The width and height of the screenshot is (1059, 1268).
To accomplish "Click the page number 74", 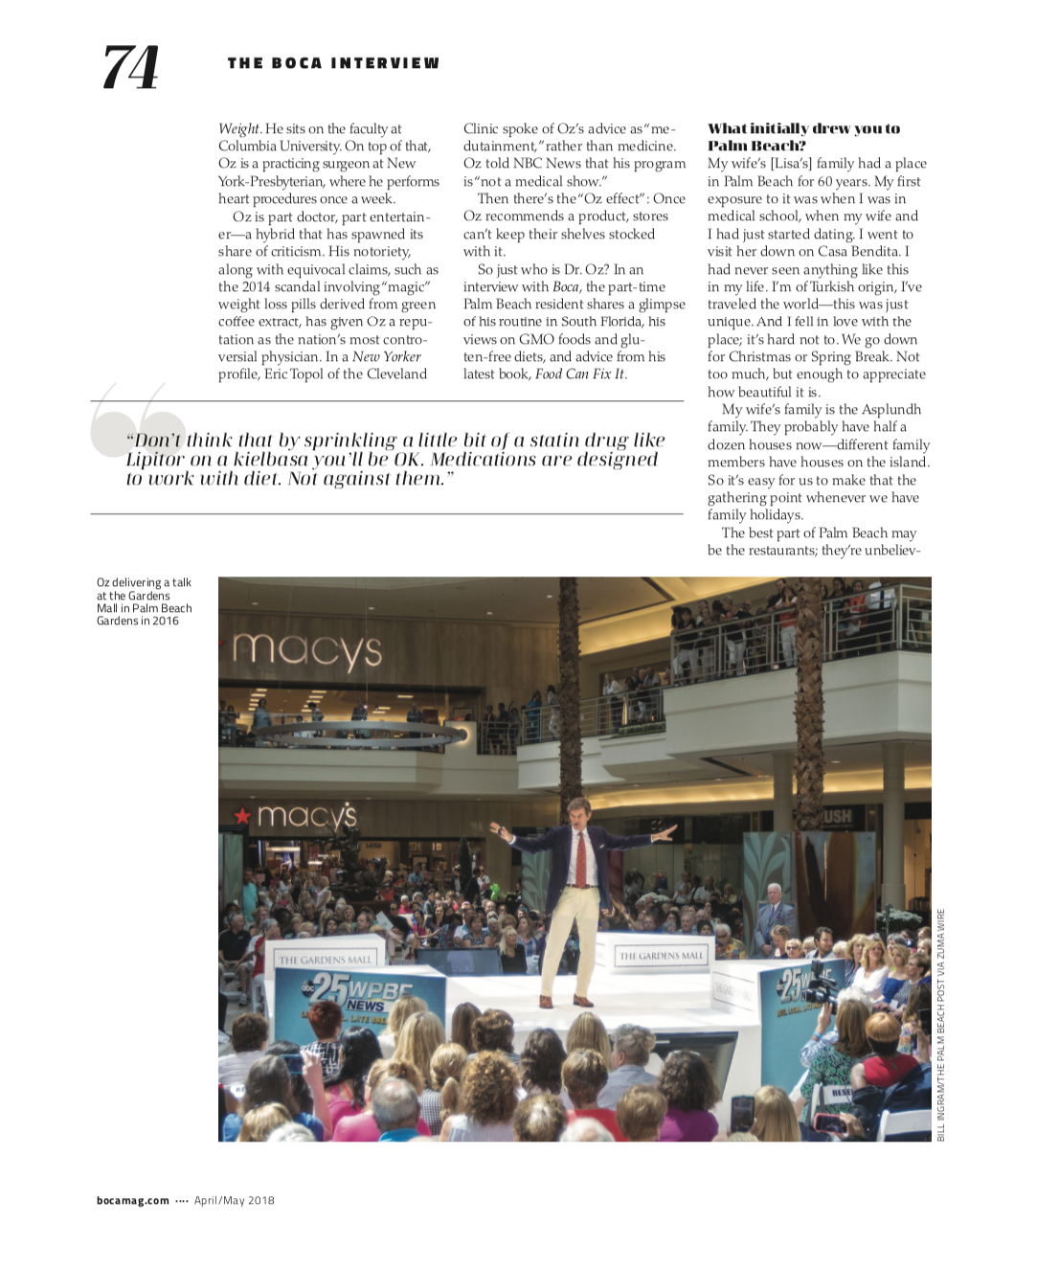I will click(x=130, y=67).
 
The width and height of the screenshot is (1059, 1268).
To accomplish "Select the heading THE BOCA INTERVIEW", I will click(x=333, y=63).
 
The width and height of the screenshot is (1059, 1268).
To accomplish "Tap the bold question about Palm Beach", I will click(x=803, y=137).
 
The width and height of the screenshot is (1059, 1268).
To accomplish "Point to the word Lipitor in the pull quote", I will click(x=154, y=460).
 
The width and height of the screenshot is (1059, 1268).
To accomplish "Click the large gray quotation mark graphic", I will click(x=137, y=421).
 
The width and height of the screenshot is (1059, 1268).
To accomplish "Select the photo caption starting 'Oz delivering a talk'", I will click(x=144, y=601).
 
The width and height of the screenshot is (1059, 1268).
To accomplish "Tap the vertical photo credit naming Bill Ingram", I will click(x=941, y=1025).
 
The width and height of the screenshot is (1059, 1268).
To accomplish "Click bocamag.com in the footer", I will click(x=133, y=1200).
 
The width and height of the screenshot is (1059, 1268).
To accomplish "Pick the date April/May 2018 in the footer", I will click(x=235, y=1200).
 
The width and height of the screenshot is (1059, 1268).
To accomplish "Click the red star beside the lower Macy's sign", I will click(x=242, y=816).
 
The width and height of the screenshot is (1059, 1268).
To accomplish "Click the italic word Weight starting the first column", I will click(x=238, y=129).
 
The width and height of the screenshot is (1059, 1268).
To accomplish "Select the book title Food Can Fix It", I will click(x=579, y=374).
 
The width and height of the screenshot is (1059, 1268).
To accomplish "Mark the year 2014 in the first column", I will click(x=257, y=287).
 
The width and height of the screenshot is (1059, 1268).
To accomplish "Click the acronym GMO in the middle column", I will click(x=536, y=340).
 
